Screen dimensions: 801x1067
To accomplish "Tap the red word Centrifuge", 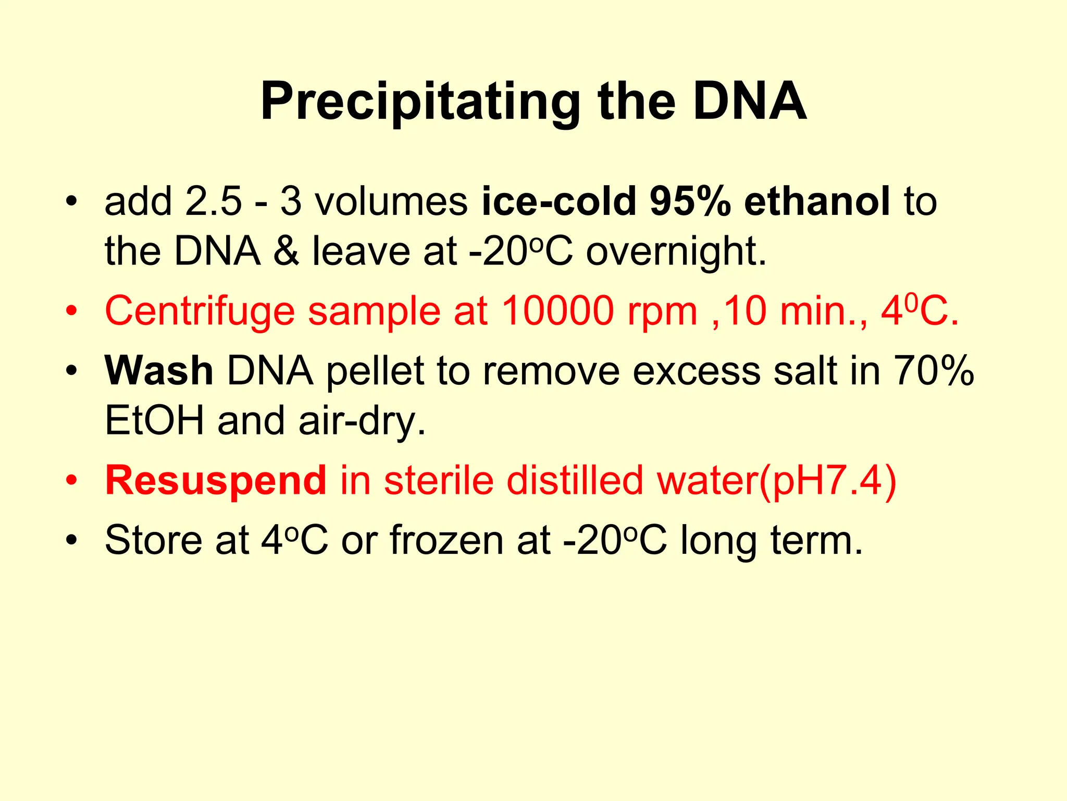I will [x=200, y=311].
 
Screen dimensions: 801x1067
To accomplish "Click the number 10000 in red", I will [x=557, y=311].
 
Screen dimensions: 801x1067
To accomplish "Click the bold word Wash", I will [x=159, y=371].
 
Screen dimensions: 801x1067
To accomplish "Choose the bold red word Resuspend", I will [x=216, y=481].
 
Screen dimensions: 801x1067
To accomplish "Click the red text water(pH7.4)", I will [x=777, y=481].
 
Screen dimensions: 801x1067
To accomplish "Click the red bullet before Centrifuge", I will [x=71, y=311].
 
